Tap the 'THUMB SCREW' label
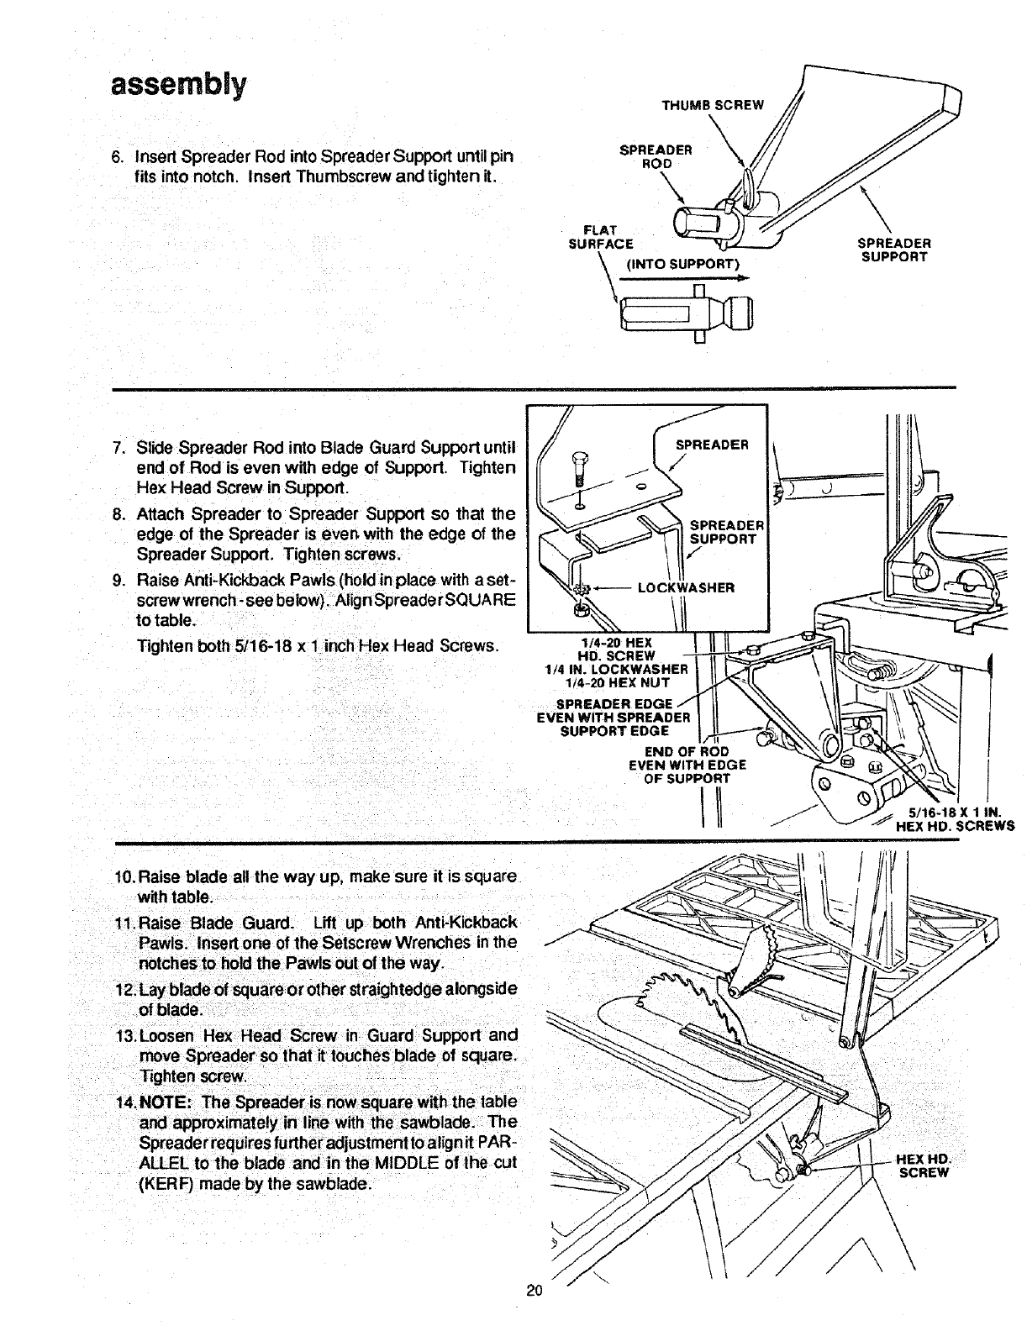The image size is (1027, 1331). (713, 105)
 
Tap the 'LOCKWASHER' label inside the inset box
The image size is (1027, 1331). (686, 587)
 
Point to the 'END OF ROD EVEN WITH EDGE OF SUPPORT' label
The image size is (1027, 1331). (687, 765)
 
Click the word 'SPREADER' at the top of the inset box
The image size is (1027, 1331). (712, 445)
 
